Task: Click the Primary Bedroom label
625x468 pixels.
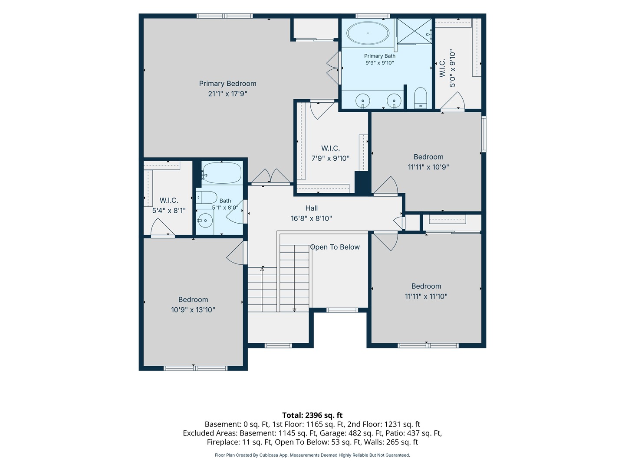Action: tap(227, 84)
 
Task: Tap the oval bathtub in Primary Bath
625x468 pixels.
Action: tap(368, 33)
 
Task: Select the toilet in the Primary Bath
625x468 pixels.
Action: tap(420, 97)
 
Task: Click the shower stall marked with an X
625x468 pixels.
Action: tap(414, 31)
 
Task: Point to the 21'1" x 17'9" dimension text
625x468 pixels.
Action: tap(227, 94)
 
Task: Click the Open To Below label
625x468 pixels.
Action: tap(335, 247)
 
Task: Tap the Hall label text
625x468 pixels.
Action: tap(312, 208)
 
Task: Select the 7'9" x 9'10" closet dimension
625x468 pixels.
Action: tap(330, 158)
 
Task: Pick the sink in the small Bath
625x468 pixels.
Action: tap(205, 220)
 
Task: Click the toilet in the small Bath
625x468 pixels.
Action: tap(207, 197)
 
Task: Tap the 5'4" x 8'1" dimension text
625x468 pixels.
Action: tap(169, 211)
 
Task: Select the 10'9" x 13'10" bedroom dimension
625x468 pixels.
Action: tap(193, 310)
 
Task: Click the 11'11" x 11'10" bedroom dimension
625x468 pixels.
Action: tap(426, 296)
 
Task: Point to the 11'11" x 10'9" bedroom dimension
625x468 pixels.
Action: tap(428, 167)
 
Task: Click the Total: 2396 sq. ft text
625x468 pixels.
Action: tap(312, 416)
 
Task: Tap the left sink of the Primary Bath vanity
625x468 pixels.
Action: tap(363, 100)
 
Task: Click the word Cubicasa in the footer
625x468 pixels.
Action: tap(269, 455)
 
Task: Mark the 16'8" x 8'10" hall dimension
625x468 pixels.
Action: tap(311, 218)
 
